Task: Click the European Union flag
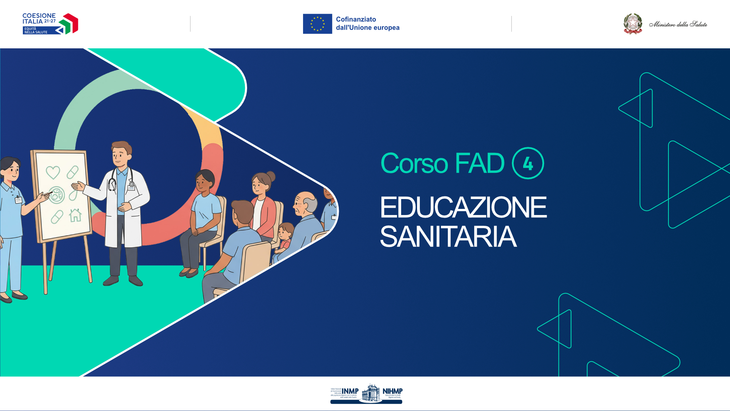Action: (317, 24)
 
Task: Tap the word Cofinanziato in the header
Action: (356, 19)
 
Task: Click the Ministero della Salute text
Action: (678, 24)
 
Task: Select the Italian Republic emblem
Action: (633, 24)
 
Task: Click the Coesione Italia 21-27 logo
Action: (50, 24)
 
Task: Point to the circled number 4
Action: (528, 163)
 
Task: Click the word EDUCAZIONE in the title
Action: (463, 208)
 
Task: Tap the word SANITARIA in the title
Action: (448, 237)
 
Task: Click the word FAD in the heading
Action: (479, 164)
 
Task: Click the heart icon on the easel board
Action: (53, 172)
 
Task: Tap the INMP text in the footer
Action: (350, 391)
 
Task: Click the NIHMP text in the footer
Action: (392, 391)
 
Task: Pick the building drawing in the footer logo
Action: (370, 393)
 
